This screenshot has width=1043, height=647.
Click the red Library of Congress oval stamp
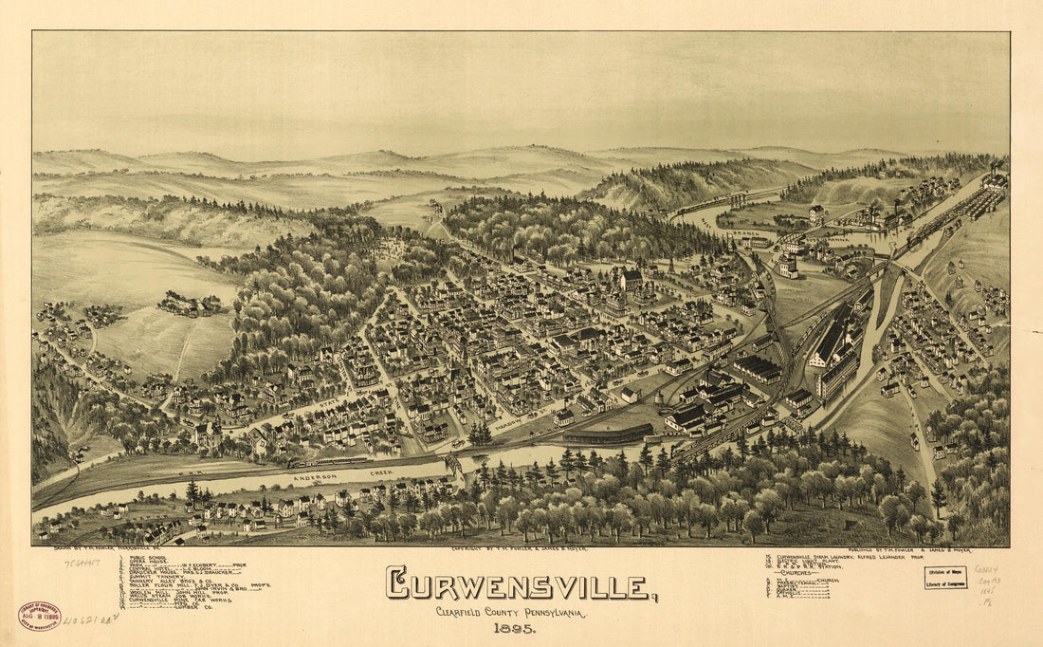click(39, 616)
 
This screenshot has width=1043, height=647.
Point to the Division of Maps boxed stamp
click(944, 578)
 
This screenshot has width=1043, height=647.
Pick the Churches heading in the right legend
click(800, 573)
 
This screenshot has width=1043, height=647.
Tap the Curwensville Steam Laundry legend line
click(834, 557)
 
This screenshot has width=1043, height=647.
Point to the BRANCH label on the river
click(771, 231)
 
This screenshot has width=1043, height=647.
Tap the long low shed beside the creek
click(607, 434)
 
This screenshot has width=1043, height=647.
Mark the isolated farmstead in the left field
click(190, 305)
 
